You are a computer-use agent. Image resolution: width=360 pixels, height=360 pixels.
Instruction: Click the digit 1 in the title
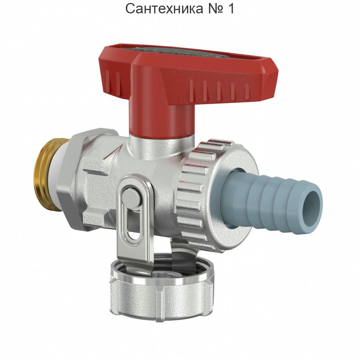(231, 9)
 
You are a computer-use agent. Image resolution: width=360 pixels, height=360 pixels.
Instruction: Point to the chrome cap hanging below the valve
(161, 297)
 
